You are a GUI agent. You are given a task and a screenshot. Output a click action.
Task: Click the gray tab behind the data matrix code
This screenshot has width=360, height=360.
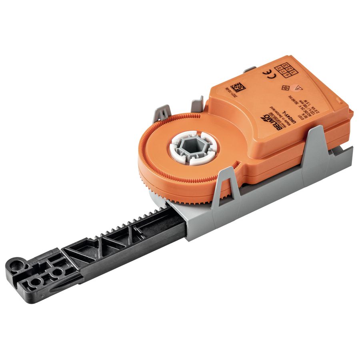[248, 70]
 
